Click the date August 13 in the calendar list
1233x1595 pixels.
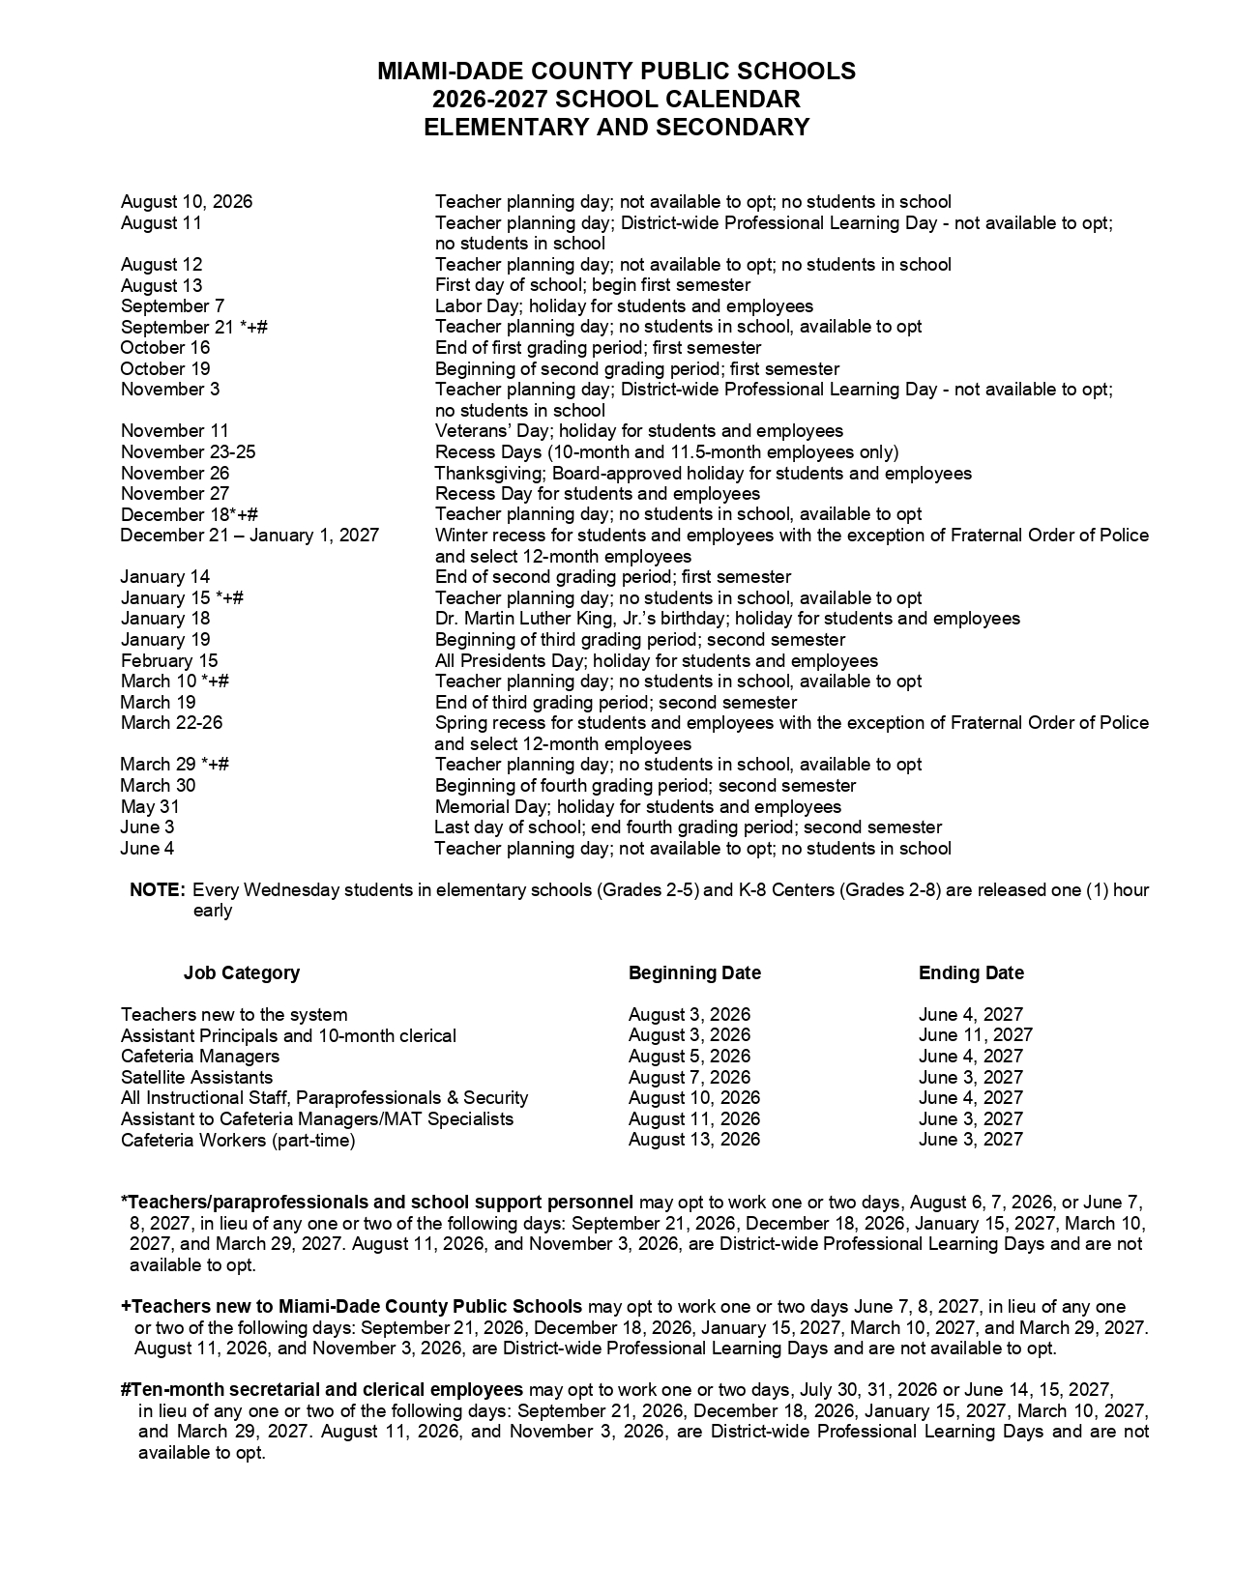click(161, 285)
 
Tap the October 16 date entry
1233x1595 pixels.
click(164, 348)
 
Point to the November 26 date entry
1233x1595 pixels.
click(175, 473)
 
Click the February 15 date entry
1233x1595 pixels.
click(169, 661)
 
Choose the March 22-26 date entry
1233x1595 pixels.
click(171, 723)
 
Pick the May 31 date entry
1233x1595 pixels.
click(150, 807)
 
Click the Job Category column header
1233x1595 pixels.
click(242, 972)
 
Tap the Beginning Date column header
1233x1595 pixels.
click(694, 972)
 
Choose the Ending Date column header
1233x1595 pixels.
click(971, 972)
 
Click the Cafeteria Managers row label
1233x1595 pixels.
click(200, 1057)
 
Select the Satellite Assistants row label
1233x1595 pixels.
click(196, 1078)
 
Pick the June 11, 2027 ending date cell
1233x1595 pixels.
click(975, 1035)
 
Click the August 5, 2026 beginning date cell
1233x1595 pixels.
click(689, 1057)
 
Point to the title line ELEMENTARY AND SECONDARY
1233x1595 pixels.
click(616, 127)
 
